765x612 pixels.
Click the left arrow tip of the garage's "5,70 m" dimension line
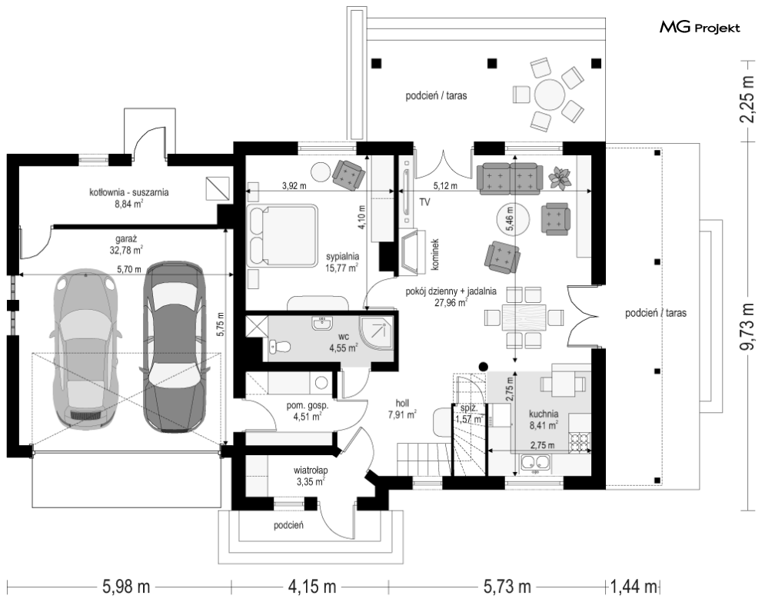coord(19,275)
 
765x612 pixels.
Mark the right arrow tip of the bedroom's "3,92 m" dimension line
coord(394,191)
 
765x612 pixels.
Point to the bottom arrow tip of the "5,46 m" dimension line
coord(515,363)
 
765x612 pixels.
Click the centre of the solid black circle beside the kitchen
coord(484,366)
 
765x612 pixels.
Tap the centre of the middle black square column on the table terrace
coord(493,63)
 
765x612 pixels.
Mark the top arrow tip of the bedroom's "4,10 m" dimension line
coord(367,156)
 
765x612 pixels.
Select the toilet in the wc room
coord(280,347)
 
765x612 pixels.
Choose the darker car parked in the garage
coord(173,347)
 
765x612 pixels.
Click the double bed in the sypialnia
coord(282,236)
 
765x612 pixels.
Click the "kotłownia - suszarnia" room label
coord(129,192)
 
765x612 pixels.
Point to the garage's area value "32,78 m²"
coord(126,251)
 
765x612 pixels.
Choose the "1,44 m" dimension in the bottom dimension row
coord(634,586)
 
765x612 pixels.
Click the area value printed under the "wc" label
coord(344,348)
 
